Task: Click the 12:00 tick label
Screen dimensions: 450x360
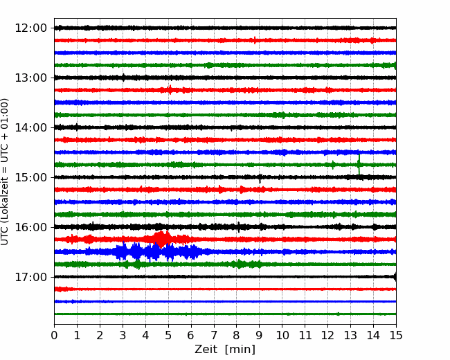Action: [30, 28]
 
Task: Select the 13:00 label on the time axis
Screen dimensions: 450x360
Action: [30, 78]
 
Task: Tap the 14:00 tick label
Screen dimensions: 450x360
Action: [30, 127]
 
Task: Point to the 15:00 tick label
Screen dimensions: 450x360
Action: [30, 177]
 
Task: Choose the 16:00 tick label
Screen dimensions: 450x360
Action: [30, 227]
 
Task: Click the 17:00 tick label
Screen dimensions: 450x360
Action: [30, 277]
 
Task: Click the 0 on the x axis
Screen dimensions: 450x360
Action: [54, 335]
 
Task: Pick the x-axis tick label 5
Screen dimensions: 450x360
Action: [168, 335]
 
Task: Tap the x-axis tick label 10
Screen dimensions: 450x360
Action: [282, 335]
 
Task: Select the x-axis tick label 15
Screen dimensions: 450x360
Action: [396, 335]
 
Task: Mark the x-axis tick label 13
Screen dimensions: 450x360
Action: [350, 335]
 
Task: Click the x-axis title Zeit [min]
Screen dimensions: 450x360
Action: [225, 350]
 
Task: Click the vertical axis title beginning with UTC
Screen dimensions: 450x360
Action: [5, 172]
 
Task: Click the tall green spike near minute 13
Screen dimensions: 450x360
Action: [359, 164]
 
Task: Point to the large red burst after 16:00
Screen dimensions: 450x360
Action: [161, 239]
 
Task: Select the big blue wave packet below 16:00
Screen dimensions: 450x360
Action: [155, 252]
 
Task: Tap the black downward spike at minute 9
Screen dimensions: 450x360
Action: [260, 179]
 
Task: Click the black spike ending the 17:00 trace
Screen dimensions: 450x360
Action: [395, 277]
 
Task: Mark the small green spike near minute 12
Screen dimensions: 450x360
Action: [333, 165]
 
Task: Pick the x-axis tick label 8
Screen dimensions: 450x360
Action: [237, 335]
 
